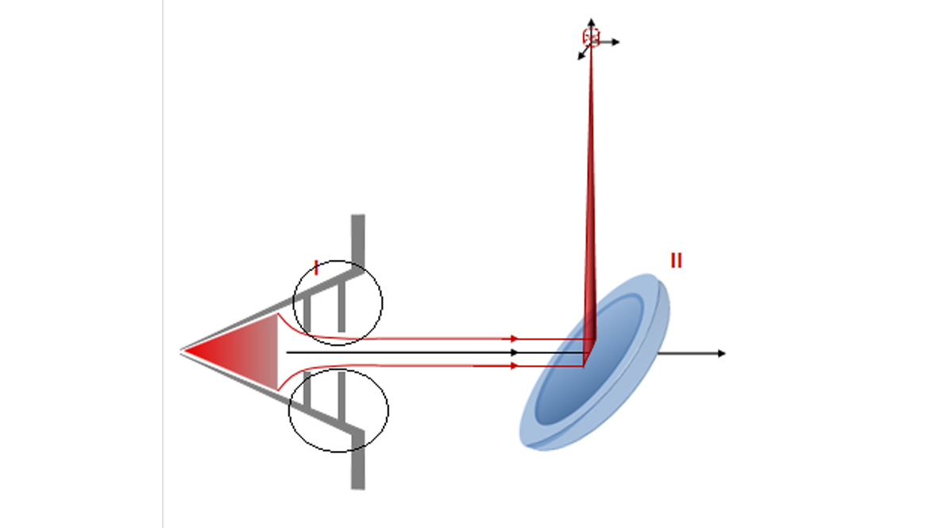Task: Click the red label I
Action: (316, 268)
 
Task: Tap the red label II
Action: (676, 260)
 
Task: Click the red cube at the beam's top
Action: (591, 37)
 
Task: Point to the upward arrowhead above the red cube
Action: (591, 22)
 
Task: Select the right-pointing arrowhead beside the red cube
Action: (616, 42)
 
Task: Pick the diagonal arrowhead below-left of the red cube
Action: (581, 56)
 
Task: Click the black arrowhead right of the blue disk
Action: (721, 354)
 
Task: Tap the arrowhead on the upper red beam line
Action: (515, 339)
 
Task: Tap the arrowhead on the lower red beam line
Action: (515, 366)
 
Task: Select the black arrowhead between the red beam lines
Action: (515, 352)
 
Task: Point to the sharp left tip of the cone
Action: (181, 351)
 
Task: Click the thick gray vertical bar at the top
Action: (357, 239)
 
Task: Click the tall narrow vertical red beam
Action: (590, 192)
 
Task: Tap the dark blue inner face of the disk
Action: (589, 360)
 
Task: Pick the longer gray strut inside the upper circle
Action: (342, 306)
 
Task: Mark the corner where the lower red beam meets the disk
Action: (583, 366)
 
